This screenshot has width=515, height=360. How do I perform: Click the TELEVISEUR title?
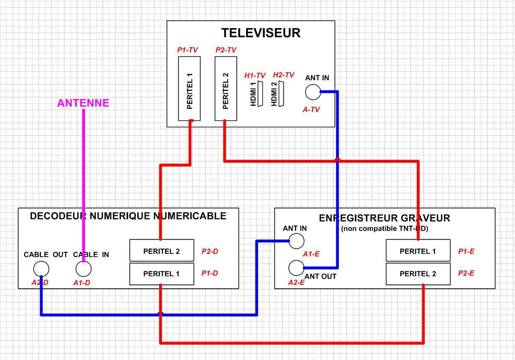pyautogui.click(x=261, y=33)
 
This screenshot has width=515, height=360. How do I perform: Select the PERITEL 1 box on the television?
pyautogui.click(x=190, y=88)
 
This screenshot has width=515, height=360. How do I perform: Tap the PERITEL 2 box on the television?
pyautogui.click(x=226, y=88)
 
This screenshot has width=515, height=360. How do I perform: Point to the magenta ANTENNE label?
pyautogui.click(x=83, y=103)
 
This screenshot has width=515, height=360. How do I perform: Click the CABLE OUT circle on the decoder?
pyautogui.click(x=41, y=269)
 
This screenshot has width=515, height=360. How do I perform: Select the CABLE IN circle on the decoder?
pyautogui.click(x=83, y=269)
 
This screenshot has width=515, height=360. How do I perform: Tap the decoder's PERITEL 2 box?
pyautogui.click(x=162, y=251)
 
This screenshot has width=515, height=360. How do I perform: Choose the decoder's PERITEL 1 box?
pyautogui.click(x=162, y=274)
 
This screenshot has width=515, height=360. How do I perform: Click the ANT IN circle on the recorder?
pyautogui.click(x=296, y=241)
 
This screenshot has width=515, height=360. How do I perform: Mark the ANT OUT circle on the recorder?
pyautogui.click(x=296, y=268)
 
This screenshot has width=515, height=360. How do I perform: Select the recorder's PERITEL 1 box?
pyautogui.click(x=418, y=251)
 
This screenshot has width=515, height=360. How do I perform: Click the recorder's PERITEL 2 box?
pyautogui.click(x=418, y=274)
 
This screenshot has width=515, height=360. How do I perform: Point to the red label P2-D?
pyautogui.click(x=210, y=252)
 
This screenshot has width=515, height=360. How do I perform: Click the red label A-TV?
pyautogui.click(x=311, y=110)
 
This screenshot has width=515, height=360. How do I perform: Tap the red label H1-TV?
pyautogui.click(x=255, y=76)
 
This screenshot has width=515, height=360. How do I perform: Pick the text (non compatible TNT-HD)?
pyautogui.click(x=384, y=228)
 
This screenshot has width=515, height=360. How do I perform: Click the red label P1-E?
pyautogui.click(x=466, y=252)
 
